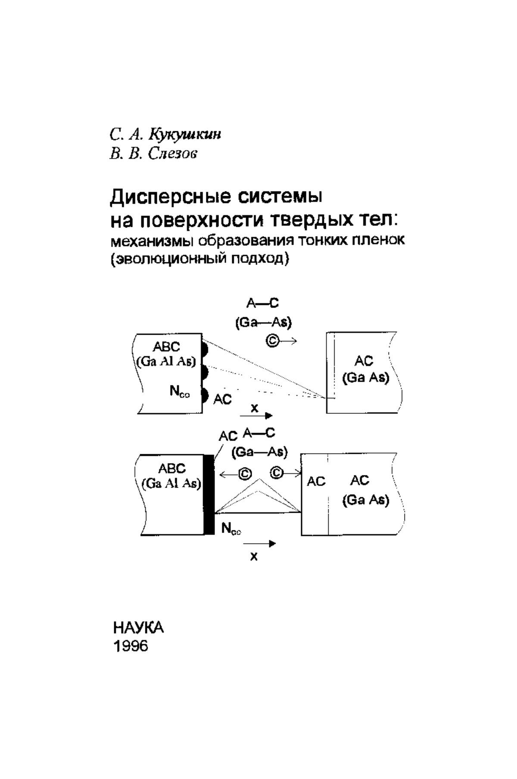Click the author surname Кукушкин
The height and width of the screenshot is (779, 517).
point(184,135)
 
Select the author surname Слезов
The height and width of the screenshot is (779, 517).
point(172,154)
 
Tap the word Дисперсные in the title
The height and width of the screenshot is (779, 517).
point(170,197)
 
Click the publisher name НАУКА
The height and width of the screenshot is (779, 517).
point(139,628)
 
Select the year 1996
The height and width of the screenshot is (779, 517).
point(131,646)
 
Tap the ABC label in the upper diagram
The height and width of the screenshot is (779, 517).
point(166,347)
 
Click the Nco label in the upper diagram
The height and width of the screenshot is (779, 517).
point(180,391)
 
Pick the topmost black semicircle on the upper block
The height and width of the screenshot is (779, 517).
point(205,348)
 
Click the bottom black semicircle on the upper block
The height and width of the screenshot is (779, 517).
point(205,395)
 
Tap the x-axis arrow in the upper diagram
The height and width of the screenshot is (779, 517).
point(256,416)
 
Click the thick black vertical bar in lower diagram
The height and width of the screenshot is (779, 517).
point(209,495)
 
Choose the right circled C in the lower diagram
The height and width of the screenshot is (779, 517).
point(277,473)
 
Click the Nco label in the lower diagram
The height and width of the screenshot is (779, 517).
point(231,529)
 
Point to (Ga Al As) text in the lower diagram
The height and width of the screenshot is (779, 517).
point(171,483)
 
